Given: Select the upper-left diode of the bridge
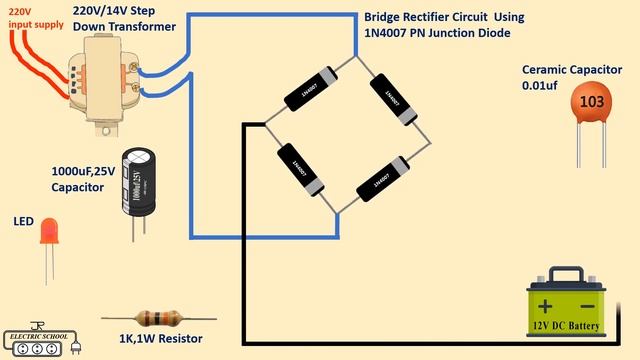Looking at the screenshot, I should point(309,90).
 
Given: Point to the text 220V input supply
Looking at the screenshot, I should point(28,16).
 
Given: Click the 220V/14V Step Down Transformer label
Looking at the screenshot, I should point(124,17).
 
